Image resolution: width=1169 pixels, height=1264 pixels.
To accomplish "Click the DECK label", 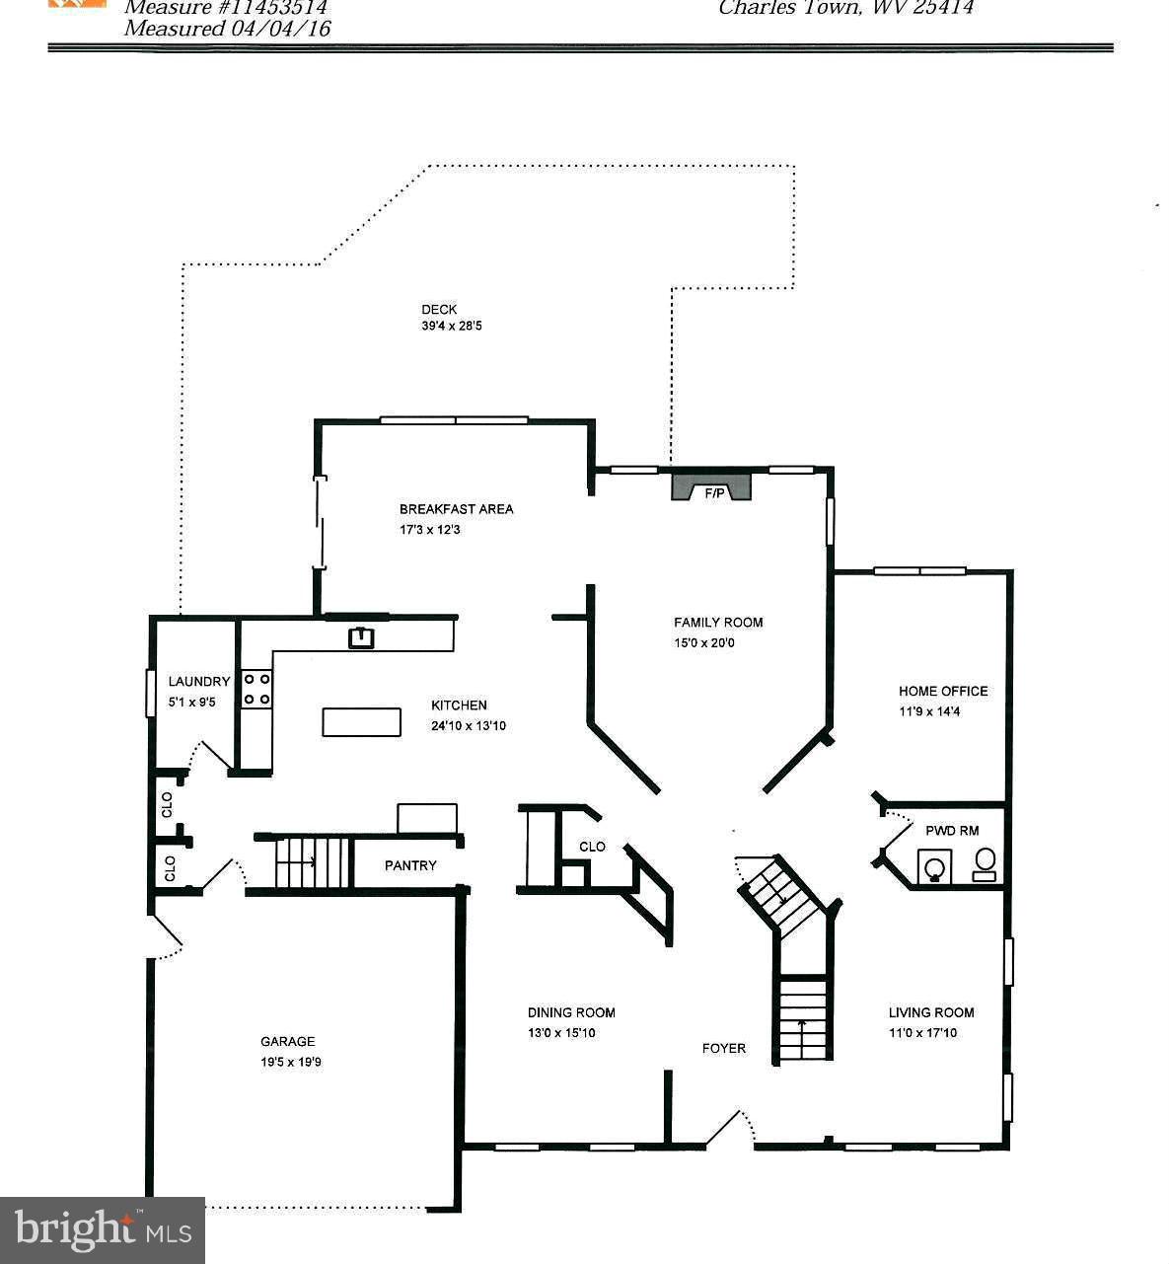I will (439, 310).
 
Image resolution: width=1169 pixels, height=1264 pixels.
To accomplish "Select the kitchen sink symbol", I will (362, 637).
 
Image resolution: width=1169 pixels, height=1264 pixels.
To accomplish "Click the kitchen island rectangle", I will (361, 722).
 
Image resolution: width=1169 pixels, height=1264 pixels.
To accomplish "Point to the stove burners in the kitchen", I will (257, 689).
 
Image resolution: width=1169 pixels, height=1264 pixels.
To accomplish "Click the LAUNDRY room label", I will (198, 682).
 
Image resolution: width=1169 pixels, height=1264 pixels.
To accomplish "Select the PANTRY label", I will (410, 865).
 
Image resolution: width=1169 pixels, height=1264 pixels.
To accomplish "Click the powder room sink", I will (934, 867).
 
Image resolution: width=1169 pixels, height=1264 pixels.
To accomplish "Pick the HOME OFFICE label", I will (942, 692).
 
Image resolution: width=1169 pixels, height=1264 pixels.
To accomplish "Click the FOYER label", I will (723, 1048).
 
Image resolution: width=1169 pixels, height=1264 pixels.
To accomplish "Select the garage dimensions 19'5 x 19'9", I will (288, 1063).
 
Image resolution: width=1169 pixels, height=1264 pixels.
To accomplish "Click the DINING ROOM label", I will (571, 1012).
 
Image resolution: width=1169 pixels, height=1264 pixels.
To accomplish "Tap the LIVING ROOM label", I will (930, 1012).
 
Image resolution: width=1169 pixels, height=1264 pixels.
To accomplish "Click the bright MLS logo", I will (103, 1229).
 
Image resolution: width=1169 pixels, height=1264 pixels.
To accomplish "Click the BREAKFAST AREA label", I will (456, 509).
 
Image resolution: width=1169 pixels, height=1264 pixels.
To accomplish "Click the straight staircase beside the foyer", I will (802, 1018).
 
